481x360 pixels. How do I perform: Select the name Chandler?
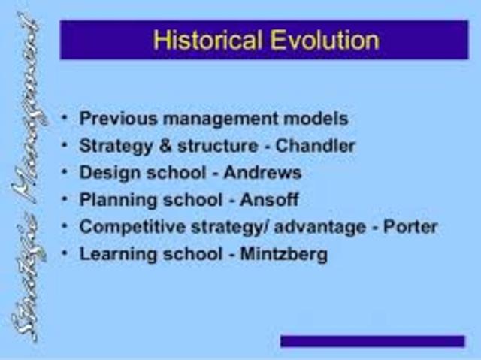[316, 145]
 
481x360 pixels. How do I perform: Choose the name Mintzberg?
[283, 254]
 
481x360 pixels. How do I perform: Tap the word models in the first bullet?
[316, 118]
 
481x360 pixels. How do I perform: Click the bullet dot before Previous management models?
[66, 118]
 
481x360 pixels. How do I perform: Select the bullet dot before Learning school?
[66, 254]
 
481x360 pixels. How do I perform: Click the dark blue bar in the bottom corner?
[372, 341]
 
